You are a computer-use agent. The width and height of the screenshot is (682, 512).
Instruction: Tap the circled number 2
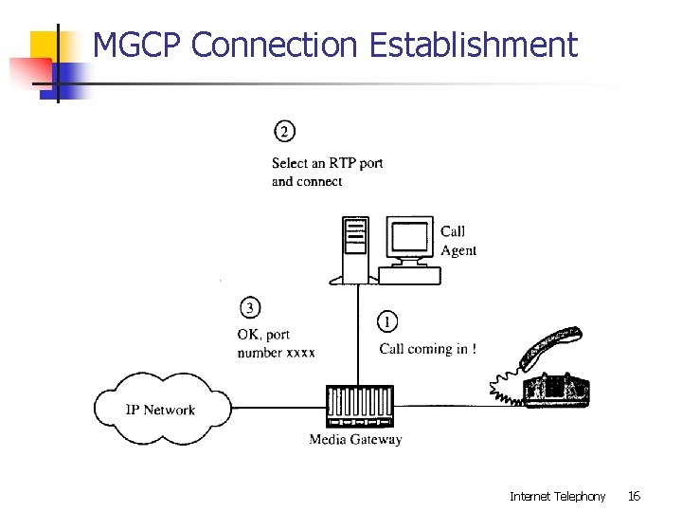tap(284, 131)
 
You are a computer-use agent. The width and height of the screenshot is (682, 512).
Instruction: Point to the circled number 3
tap(250, 308)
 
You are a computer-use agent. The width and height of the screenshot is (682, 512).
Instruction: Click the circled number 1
tap(387, 322)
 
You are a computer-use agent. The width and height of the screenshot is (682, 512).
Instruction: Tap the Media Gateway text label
tap(355, 440)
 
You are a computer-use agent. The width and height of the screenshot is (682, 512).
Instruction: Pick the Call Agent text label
tap(458, 241)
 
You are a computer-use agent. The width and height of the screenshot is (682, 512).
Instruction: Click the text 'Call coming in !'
tap(427, 349)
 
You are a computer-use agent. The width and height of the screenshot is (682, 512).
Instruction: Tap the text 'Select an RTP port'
tap(327, 163)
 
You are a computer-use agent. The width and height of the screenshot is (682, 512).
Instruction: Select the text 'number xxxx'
tap(276, 353)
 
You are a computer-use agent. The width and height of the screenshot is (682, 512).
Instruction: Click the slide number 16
tap(634, 496)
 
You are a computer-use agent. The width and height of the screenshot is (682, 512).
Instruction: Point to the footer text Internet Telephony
tap(557, 496)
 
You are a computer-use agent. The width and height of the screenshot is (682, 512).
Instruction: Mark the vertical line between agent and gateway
tap(358, 332)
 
